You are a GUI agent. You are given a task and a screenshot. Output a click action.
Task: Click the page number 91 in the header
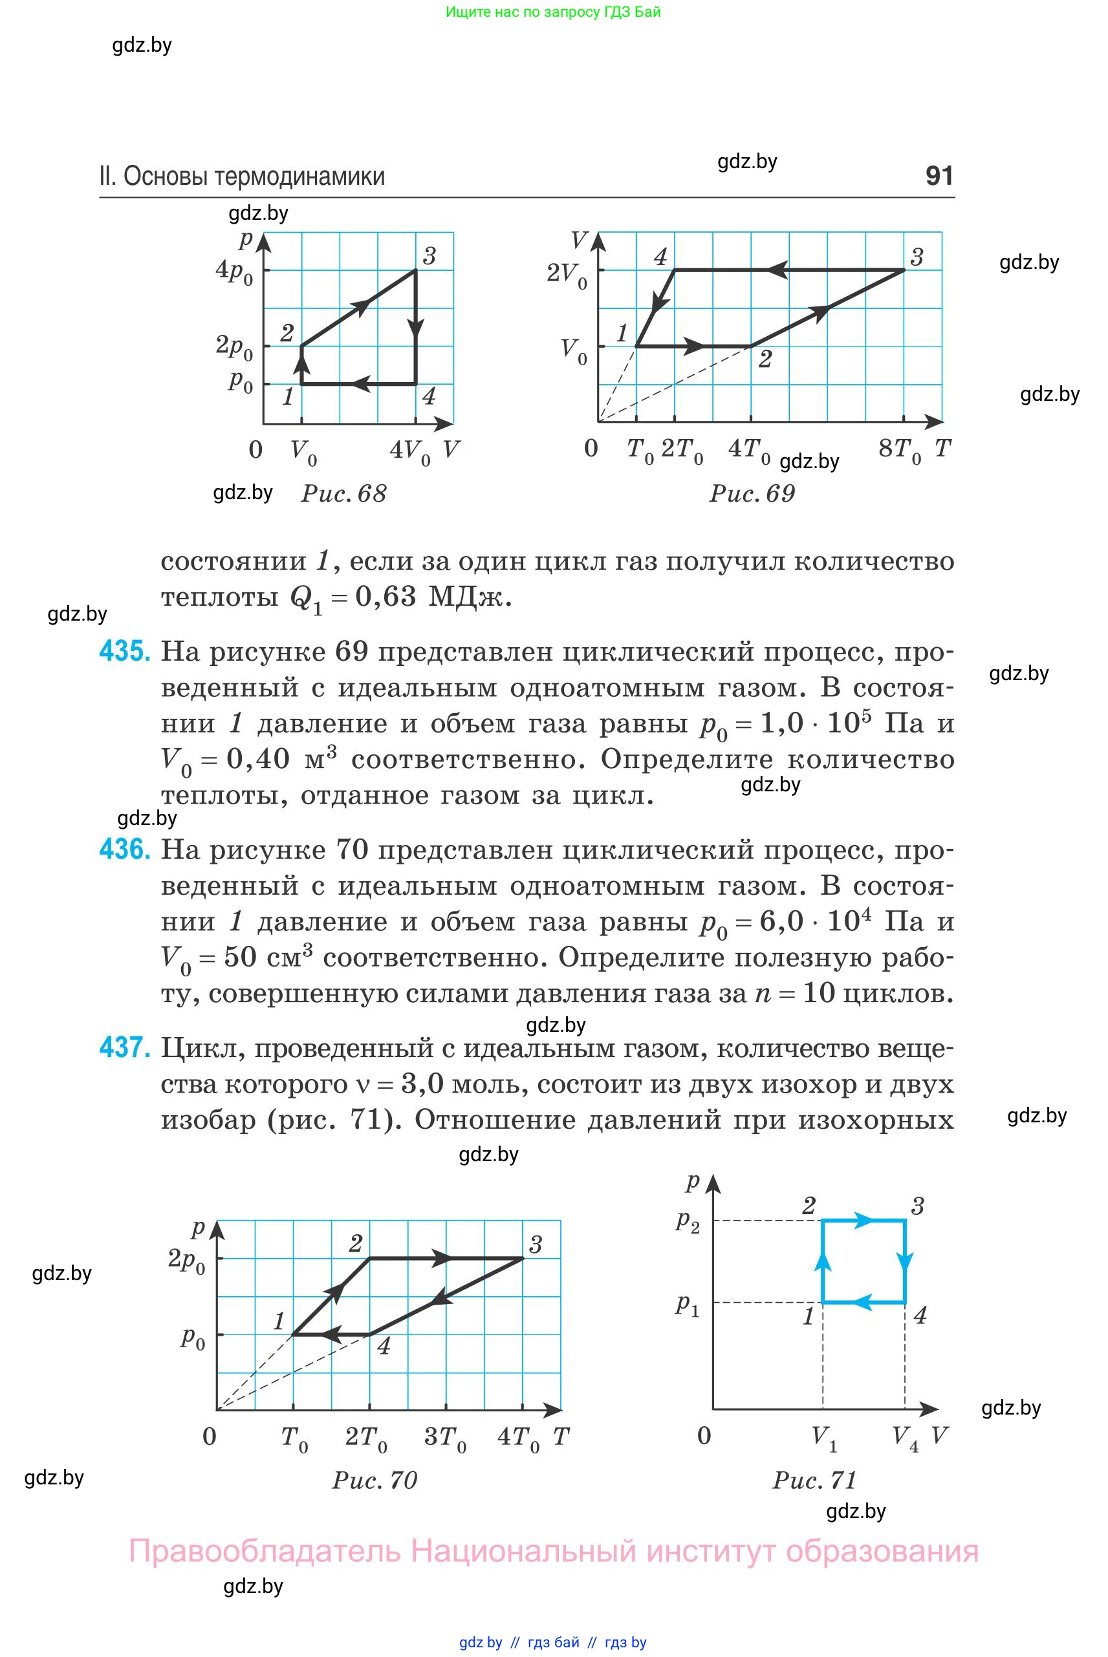[x=939, y=176]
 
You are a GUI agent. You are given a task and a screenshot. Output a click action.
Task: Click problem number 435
[x=124, y=650]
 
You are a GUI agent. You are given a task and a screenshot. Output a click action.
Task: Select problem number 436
[x=124, y=849]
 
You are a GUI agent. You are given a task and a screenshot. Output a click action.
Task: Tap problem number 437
[x=124, y=1047]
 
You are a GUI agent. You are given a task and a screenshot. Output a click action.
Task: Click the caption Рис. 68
[x=344, y=494]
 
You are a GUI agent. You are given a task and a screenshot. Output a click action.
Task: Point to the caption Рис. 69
[x=752, y=494]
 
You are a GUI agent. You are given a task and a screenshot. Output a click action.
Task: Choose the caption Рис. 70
[x=375, y=1480]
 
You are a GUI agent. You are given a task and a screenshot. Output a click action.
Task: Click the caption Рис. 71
[x=815, y=1480]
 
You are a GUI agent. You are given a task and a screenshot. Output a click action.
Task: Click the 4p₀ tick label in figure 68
[x=234, y=272]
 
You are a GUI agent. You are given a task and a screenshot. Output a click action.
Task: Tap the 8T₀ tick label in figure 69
[x=900, y=450]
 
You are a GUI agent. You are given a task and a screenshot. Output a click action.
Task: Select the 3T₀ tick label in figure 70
[x=445, y=1437]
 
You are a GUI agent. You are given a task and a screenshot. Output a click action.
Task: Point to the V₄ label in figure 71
[x=905, y=1437]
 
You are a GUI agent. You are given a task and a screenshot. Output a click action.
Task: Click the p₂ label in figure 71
[x=688, y=1221]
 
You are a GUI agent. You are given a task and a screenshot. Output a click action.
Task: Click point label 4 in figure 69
[x=660, y=257]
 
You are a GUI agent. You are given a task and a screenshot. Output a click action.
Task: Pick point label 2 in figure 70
[x=356, y=1243]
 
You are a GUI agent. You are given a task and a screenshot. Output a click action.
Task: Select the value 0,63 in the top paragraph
[x=386, y=597]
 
